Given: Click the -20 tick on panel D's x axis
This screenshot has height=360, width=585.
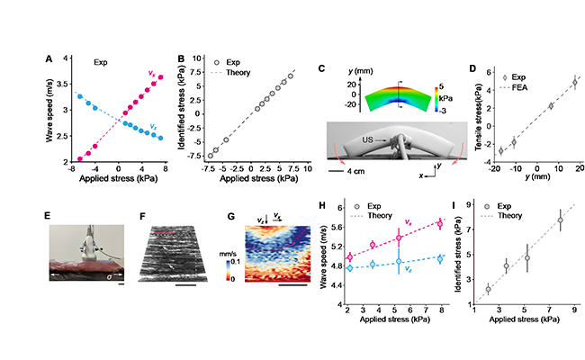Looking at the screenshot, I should coord(493,168).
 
